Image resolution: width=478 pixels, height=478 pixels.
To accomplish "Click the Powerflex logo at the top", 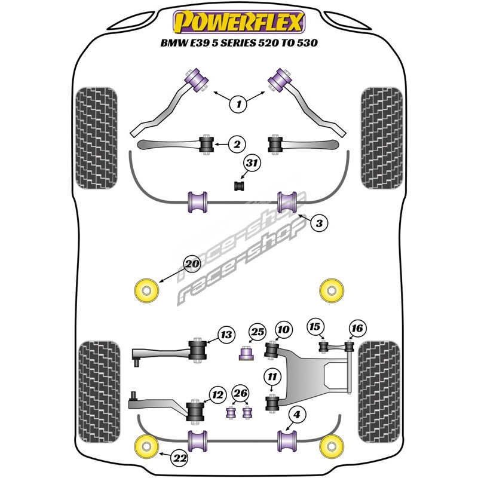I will pyautogui.click(x=238, y=23).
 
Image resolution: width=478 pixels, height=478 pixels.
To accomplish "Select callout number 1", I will pyautogui.click(x=238, y=105).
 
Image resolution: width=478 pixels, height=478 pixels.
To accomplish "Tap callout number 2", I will pyautogui.click(x=237, y=144).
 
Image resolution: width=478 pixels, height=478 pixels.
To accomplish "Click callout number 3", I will pyautogui.click(x=319, y=223).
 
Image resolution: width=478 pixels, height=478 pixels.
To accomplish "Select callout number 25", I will pyautogui.click(x=257, y=332).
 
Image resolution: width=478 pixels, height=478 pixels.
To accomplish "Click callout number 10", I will pyautogui.click(x=283, y=329).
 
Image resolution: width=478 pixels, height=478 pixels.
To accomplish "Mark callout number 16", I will pyautogui.click(x=357, y=328).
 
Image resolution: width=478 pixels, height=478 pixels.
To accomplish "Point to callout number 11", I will pyautogui.click(x=273, y=376).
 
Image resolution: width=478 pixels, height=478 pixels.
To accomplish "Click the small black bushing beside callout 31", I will pyautogui.click(x=238, y=186).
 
